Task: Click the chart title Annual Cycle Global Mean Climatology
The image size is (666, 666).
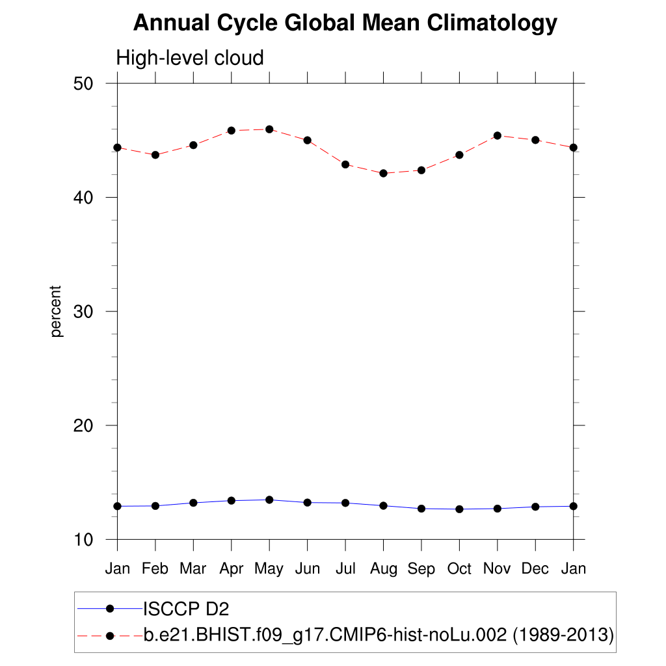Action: point(345,23)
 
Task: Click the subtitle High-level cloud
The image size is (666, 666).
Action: point(190,58)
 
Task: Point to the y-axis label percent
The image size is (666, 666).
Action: point(57,311)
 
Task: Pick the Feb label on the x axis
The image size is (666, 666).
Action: point(155,568)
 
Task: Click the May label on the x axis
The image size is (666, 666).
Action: point(269,568)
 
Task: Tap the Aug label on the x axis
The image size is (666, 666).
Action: point(383,568)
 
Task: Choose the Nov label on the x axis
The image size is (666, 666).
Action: point(497,568)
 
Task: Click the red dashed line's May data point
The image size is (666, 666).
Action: point(269,129)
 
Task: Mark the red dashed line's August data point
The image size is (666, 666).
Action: point(383,173)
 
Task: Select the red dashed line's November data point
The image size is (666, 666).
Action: point(498,135)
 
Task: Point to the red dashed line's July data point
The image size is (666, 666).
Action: point(345,165)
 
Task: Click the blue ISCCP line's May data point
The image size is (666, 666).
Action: point(269,499)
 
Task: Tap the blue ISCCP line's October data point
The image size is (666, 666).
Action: point(459,509)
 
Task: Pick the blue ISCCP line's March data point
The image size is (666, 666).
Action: point(193,503)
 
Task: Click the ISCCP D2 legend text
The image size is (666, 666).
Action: point(186,609)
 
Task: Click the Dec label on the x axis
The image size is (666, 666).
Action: point(535,568)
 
